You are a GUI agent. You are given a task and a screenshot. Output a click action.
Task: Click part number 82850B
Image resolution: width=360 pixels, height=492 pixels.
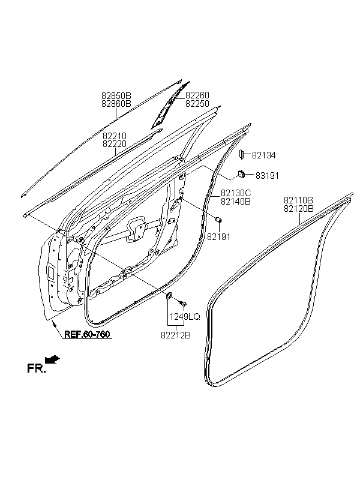tap(116, 95)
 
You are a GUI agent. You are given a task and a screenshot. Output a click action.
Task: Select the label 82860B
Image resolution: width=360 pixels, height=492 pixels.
tap(116, 104)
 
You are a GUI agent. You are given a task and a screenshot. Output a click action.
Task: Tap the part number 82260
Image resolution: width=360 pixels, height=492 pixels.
tap(197, 95)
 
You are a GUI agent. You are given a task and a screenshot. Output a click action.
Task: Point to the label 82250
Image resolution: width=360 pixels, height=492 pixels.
tap(197, 104)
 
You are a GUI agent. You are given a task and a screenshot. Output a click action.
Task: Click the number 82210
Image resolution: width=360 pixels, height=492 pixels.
tap(115, 136)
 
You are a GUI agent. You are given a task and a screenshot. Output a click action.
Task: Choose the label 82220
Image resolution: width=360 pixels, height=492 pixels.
tap(115, 144)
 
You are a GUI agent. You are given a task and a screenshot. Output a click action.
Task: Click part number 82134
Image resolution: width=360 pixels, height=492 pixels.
tap(263, 155)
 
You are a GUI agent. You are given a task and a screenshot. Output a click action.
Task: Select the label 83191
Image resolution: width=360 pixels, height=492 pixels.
tap(267, 176)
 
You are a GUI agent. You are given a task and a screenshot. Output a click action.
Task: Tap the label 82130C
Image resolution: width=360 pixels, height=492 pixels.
tap(236, 193)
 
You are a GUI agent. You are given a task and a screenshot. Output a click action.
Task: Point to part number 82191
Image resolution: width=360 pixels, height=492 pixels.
tap(219, 237)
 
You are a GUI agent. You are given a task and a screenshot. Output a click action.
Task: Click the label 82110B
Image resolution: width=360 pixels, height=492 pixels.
tap(298, 200)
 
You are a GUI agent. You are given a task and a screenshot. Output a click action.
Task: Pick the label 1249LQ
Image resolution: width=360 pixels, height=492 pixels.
tap(185, 317)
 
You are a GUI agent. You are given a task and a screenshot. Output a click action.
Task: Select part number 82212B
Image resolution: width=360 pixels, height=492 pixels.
tap(176, 335)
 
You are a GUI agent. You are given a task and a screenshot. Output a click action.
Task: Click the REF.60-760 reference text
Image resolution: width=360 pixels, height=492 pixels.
tap(87, 334)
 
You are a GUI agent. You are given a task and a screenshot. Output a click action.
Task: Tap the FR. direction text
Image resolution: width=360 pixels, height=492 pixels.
tap(37, 368)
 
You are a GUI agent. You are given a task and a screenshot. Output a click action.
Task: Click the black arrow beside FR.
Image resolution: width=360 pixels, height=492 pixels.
tap(53, 359)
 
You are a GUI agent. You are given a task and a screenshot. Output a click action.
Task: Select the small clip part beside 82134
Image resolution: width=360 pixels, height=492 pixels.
tap(242, 154)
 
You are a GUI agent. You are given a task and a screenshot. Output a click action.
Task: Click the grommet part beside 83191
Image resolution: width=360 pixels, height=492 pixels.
tap(241, 173)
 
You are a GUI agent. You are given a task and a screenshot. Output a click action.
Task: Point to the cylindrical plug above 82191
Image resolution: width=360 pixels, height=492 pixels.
tap(219, 220)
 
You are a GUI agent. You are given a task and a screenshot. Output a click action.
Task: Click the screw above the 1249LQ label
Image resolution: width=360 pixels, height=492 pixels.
tap(182, 303)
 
